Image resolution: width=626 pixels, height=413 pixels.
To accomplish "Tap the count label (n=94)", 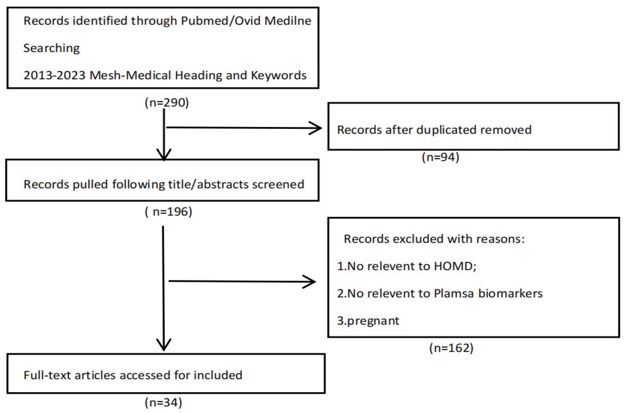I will (440, 157).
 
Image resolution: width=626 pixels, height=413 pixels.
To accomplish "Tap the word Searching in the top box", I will (52, 48).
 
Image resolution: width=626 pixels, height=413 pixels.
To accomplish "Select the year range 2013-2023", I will (54, 76).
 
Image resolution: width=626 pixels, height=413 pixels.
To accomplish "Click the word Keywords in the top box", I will (279, 76).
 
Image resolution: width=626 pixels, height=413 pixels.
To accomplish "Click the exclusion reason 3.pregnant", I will (368, 321).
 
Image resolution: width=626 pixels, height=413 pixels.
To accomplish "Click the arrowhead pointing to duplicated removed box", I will (317, 128).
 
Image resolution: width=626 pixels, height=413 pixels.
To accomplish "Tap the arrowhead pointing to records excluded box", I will (311, 282).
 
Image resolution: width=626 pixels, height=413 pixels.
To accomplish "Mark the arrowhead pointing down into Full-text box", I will (164, 346).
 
